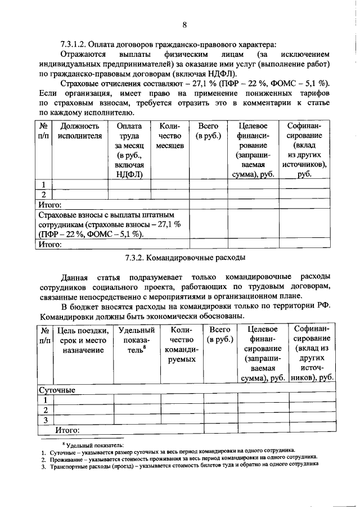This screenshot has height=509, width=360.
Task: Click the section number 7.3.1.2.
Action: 77,44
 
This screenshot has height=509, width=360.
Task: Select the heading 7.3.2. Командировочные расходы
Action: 184,258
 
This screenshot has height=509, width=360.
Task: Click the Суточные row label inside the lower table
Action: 57,389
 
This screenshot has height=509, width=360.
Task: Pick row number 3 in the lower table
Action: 45,420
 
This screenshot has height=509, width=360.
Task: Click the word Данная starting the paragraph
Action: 75,276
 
